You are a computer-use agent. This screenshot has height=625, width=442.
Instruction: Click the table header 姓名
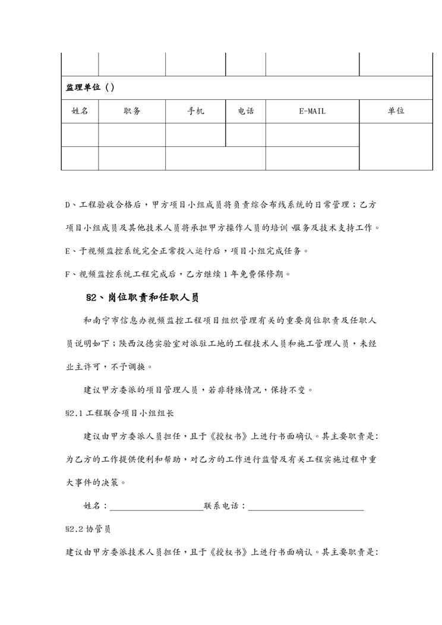click(80, 111)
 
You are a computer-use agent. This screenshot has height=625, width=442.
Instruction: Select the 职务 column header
click(132, 111)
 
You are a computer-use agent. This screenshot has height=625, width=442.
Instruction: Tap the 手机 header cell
click(195, 111)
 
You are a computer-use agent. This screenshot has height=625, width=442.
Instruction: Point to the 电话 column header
click(245, 111)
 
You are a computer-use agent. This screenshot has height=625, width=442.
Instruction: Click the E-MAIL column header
click(312, 111)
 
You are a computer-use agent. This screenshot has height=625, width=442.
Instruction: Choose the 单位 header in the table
click(396, 111)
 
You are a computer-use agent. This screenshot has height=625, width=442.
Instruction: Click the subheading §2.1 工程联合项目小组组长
click(118, 412)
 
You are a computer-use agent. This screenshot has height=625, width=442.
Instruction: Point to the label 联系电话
click(222, 506)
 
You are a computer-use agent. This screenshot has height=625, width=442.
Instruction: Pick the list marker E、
click(70, 251)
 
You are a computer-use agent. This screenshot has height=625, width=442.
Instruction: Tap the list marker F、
click(70, 274)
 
